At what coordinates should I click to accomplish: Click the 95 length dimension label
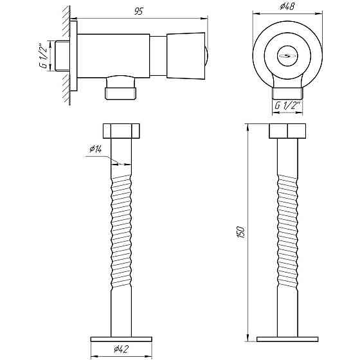point(139,11)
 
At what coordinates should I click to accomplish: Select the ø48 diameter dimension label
point(287,6)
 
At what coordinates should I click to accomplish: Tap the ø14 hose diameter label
point(96,149)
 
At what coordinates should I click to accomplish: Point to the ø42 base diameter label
point(121,349)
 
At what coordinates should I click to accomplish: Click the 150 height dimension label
point(242,232)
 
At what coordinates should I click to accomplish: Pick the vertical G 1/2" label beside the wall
point(43,57)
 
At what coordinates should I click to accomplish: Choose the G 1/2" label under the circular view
point(287,105)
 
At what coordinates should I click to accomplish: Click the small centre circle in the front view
point(287,56)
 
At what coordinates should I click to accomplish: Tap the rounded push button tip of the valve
point(206,56)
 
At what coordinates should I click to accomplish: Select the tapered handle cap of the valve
point(186,56)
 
